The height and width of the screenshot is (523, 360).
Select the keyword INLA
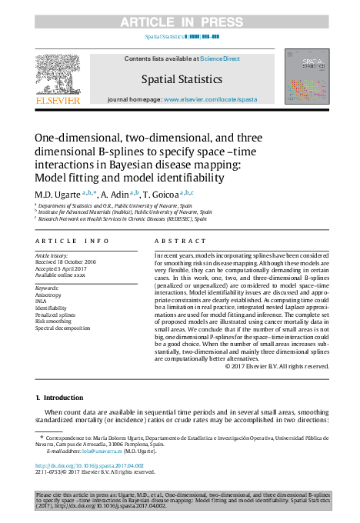(42, 301)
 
